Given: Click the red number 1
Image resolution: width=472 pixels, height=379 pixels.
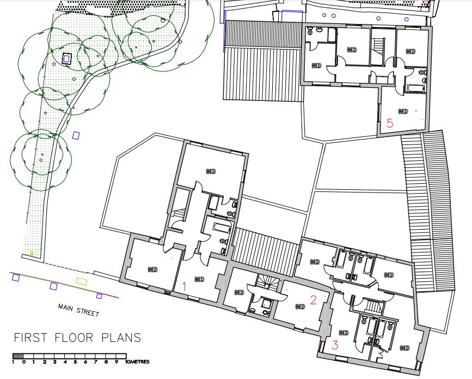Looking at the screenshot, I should (184, 286).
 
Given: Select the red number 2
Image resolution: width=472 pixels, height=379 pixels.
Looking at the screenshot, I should (313, 299).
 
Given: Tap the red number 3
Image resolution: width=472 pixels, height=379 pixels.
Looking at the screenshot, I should (335, 345).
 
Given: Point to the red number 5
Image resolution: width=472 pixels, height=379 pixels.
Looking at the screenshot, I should (389, 123).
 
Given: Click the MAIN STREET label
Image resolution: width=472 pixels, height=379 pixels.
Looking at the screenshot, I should (78, 310).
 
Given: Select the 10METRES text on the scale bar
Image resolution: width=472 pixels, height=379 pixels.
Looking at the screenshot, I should (137, 362).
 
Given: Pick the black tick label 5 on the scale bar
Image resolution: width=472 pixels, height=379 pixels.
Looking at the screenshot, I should (75, 362).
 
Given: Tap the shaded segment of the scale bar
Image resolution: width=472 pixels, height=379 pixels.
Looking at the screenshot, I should (17, 356).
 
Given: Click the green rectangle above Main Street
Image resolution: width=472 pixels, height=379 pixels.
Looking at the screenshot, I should (82, 281).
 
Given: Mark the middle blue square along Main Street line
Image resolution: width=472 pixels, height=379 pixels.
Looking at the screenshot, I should (53, 286).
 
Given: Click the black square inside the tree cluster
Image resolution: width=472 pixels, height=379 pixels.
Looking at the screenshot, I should (67, 58).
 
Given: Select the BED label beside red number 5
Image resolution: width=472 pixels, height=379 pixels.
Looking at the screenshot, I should (403, 111).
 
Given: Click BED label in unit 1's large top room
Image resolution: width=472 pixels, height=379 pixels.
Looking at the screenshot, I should (211, 171).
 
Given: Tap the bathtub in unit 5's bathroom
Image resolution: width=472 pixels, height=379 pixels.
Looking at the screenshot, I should (415, 88).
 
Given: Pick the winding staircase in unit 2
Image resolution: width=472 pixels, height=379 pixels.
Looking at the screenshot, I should (265, 281).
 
